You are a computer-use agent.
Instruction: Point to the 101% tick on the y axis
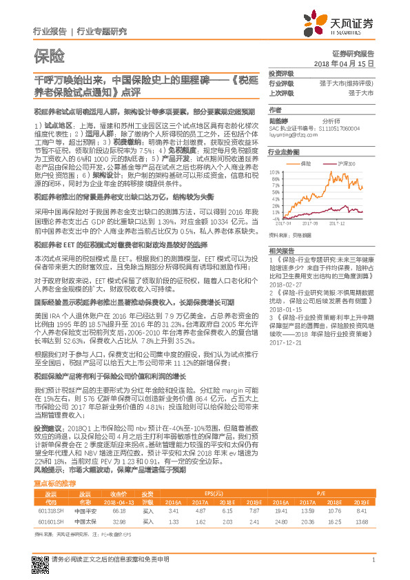pyautogui.click(x=276, y=170)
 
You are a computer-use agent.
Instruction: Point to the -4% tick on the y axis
pyautogui.click(x=277, y=220)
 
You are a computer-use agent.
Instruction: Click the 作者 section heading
pyautogui.click(x=274, y=110)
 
